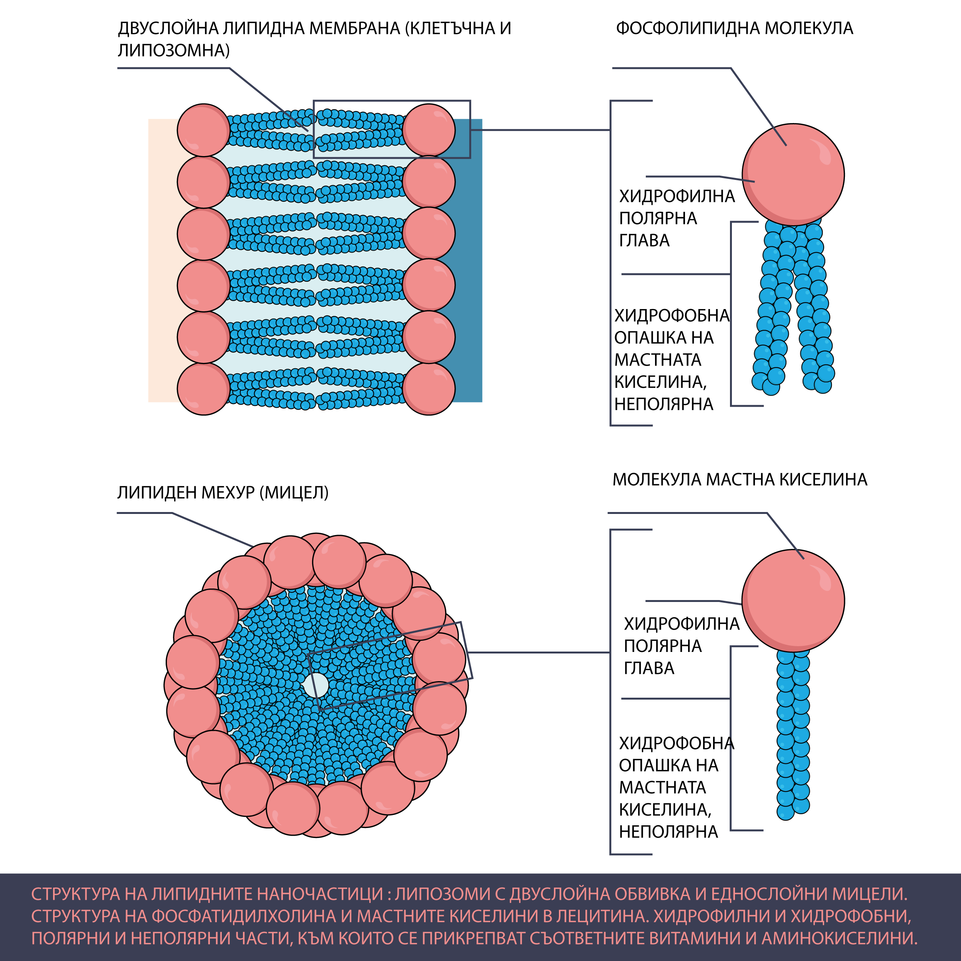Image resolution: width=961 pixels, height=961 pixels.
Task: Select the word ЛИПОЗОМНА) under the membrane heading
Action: coord(174,51)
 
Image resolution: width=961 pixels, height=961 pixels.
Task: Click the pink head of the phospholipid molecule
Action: coord(793,175)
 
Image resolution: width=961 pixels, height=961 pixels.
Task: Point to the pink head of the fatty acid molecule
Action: coord(793,600)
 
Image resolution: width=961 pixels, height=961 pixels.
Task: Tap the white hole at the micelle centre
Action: coord(316,685)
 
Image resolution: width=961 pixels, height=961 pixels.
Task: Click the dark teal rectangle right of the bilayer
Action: coord(467,260)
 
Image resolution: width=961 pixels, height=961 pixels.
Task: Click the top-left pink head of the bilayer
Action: coord(203,130)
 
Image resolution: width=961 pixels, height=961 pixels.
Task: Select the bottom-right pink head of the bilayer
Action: coord(429,389)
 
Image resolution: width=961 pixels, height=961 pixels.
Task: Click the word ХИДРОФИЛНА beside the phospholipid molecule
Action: coord(677,196)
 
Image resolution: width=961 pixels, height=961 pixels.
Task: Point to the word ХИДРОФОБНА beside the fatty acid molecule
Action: coord(677,743)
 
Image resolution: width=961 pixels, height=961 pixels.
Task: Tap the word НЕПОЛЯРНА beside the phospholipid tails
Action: coord(663,404)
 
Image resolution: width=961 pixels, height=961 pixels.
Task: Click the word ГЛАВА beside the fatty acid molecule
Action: coord(649,668)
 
